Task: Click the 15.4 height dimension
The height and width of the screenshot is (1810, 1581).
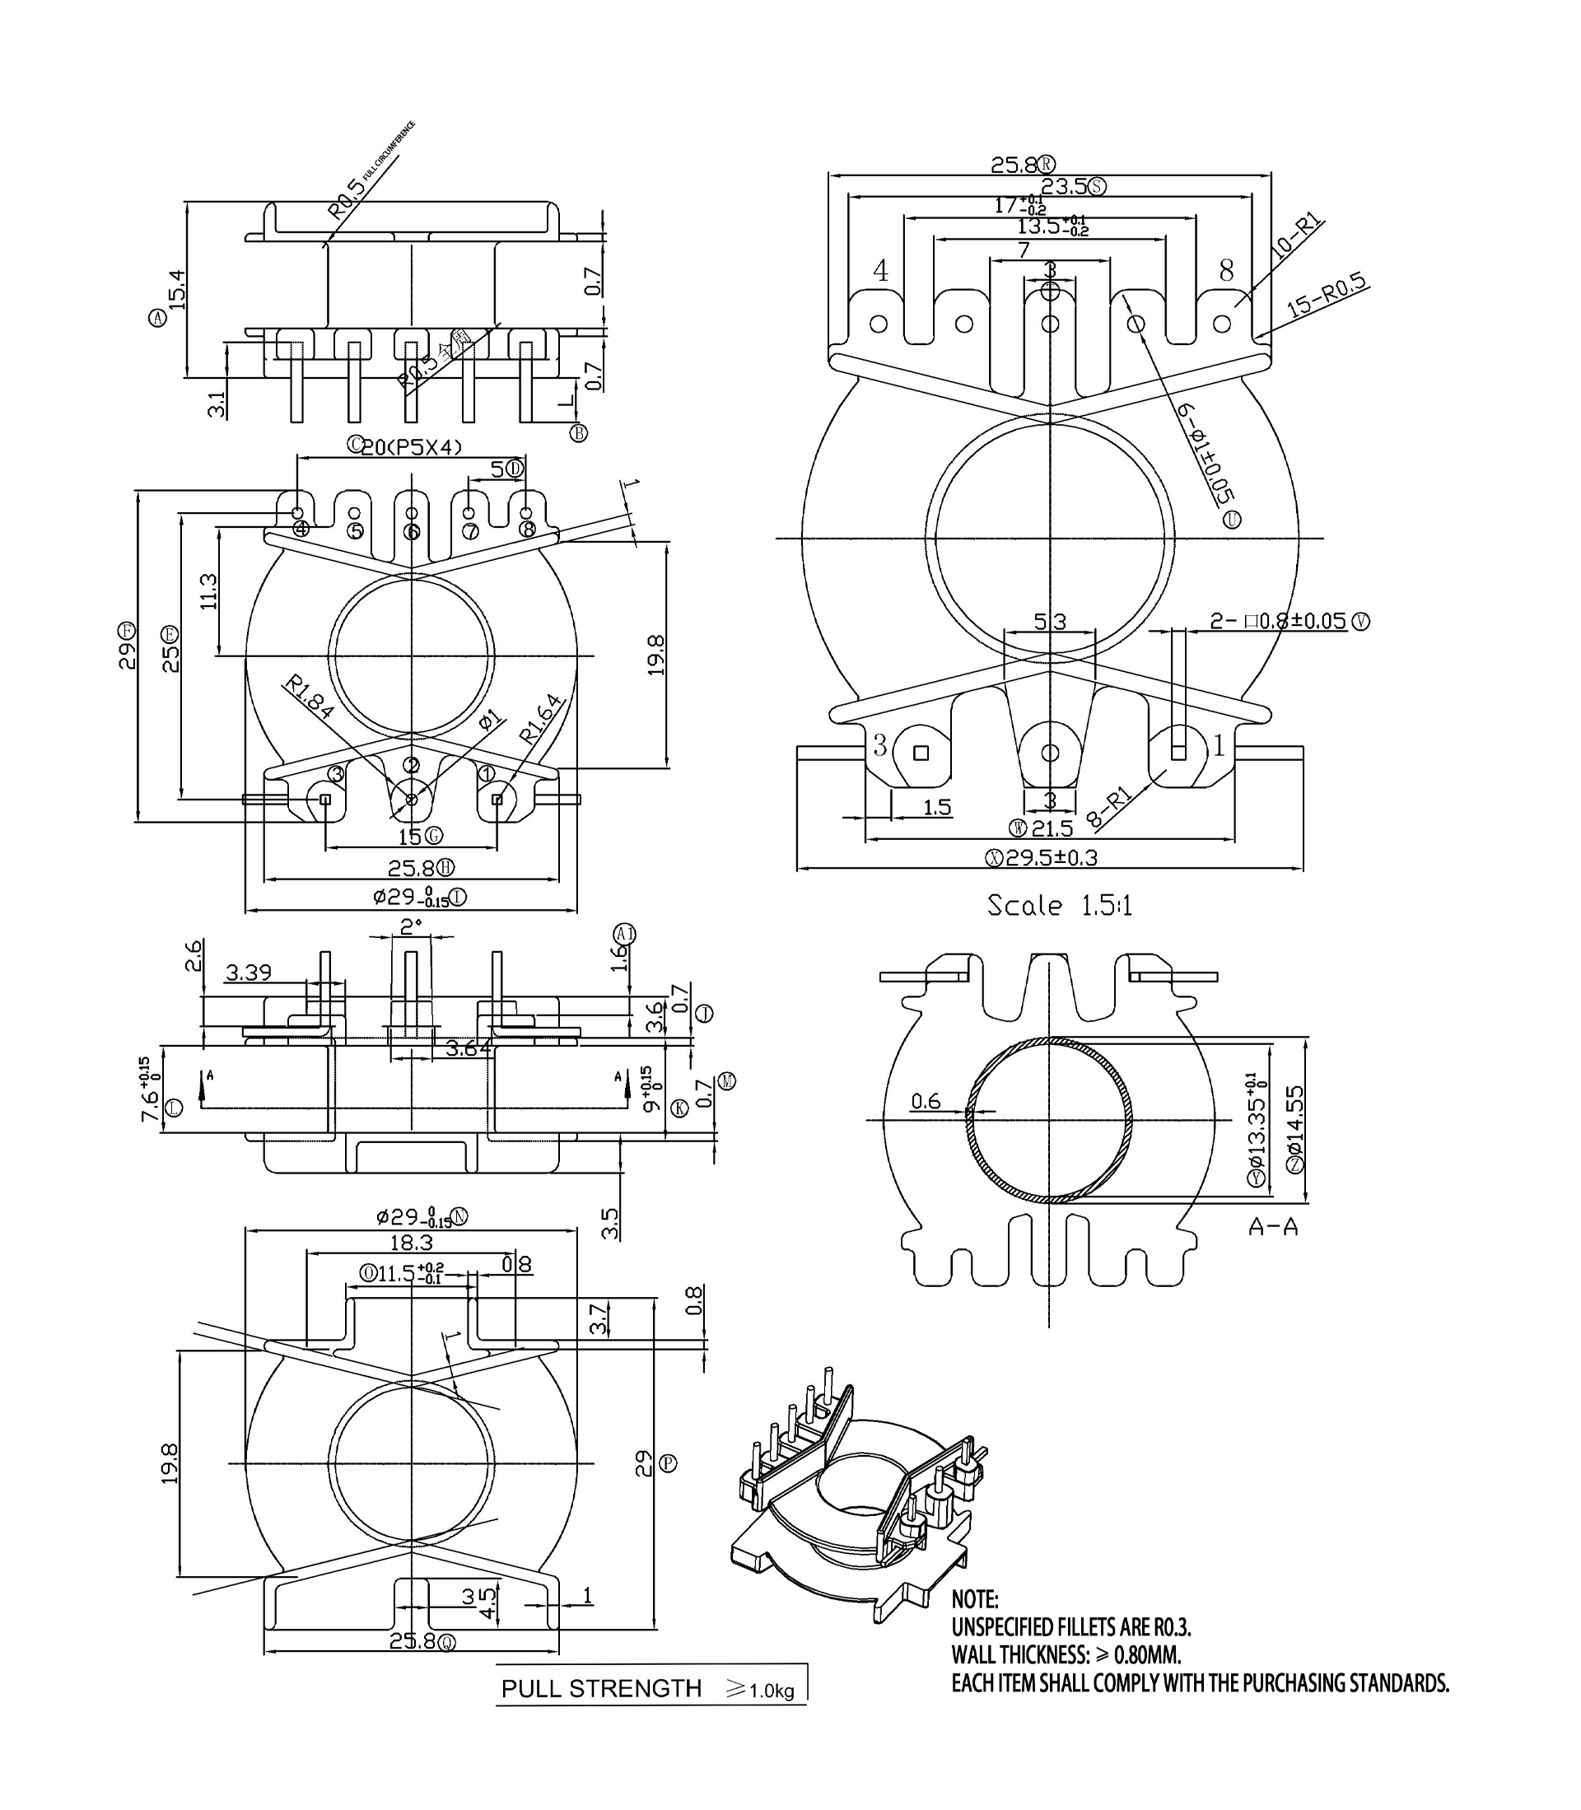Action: coord(177,289)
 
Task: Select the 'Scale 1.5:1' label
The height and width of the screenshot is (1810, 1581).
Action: coord(1059,906)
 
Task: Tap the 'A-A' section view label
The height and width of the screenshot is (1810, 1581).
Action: coord(1272,1226)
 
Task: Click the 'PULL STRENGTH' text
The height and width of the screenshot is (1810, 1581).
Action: coord(601,1688)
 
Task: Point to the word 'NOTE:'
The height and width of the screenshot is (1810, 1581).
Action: coord(974,1599)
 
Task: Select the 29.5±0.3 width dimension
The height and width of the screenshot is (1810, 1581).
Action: coord(1051,857)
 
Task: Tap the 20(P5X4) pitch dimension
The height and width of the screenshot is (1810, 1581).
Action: coord(411,447)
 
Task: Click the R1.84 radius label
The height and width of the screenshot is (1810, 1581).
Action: coord(308,696)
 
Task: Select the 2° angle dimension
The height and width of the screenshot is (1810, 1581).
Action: coord(411,926)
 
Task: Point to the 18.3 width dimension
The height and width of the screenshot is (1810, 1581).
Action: coord(411,1243)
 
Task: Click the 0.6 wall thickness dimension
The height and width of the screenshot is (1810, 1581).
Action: coord(926,1101)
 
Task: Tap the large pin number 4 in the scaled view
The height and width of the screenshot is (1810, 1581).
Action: coord(880,271)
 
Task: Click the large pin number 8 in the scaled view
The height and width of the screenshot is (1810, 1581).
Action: coord(1226,271)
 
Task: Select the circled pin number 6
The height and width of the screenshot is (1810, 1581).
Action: coord(412,531)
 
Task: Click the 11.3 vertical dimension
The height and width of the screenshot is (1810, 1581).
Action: coord(208,591)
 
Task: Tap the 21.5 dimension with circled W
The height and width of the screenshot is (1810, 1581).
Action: coord(1050,828)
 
